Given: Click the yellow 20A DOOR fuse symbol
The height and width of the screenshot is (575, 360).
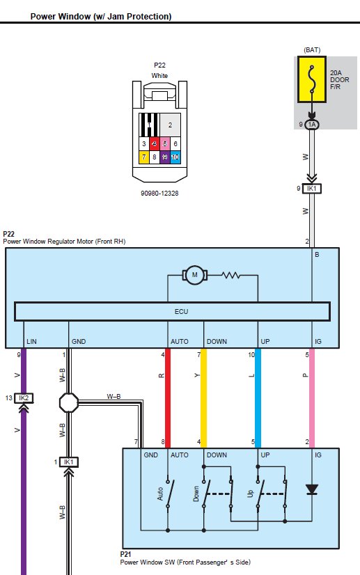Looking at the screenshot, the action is click(311, 79).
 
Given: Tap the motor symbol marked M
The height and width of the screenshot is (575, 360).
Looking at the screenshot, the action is click(195, 275).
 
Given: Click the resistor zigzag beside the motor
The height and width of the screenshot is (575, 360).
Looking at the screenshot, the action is click(231, 275).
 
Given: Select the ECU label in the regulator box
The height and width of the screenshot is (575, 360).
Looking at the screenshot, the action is click(181, 312).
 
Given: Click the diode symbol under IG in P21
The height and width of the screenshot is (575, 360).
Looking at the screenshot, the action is click(312, 489).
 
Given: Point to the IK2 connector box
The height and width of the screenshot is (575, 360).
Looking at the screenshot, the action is click(24, 398).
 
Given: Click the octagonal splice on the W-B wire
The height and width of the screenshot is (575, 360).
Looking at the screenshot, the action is click(69, 402).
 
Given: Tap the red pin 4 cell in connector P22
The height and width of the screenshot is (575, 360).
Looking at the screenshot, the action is click(155, 143).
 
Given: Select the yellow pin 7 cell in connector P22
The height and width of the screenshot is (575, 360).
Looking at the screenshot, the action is click(144, 157).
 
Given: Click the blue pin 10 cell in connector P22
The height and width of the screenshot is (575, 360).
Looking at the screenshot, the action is click(175, 157).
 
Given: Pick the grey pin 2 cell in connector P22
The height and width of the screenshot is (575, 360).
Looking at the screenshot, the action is click(170, 125).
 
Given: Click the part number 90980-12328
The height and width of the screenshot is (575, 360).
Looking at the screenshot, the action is click(159, 194).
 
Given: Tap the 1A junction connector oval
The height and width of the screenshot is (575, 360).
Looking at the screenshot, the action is click(311, 125).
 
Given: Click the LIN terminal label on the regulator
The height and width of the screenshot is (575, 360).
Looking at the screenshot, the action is click(31, 341).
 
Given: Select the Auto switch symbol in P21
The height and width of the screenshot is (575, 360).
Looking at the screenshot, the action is click(168, 494).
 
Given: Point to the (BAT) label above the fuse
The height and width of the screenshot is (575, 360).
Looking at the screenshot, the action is click(312, 50).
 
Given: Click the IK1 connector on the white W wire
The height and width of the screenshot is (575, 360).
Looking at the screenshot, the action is click(311, 189).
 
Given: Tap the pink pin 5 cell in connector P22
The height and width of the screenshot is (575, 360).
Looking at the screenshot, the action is click(165, 143).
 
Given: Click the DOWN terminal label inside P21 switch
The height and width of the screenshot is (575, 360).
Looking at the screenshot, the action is click(217, 455).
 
